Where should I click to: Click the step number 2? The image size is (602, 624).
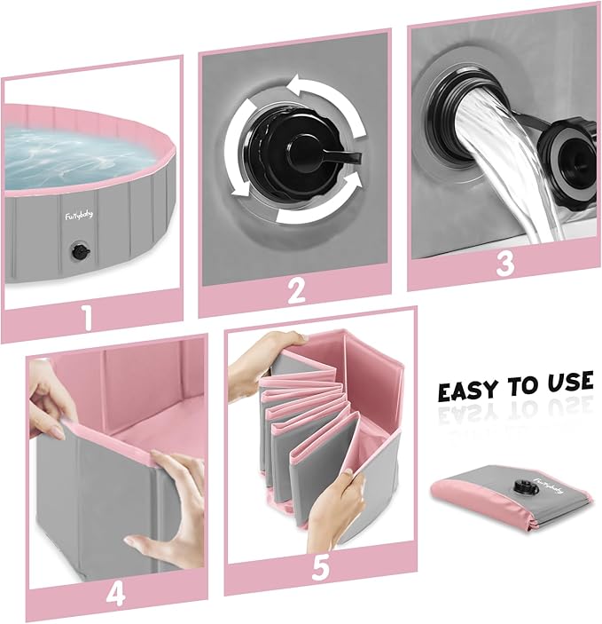tap(296, 289)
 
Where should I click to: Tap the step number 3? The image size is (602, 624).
tap(504, 264)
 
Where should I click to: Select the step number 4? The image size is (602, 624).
tap(116, 593)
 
